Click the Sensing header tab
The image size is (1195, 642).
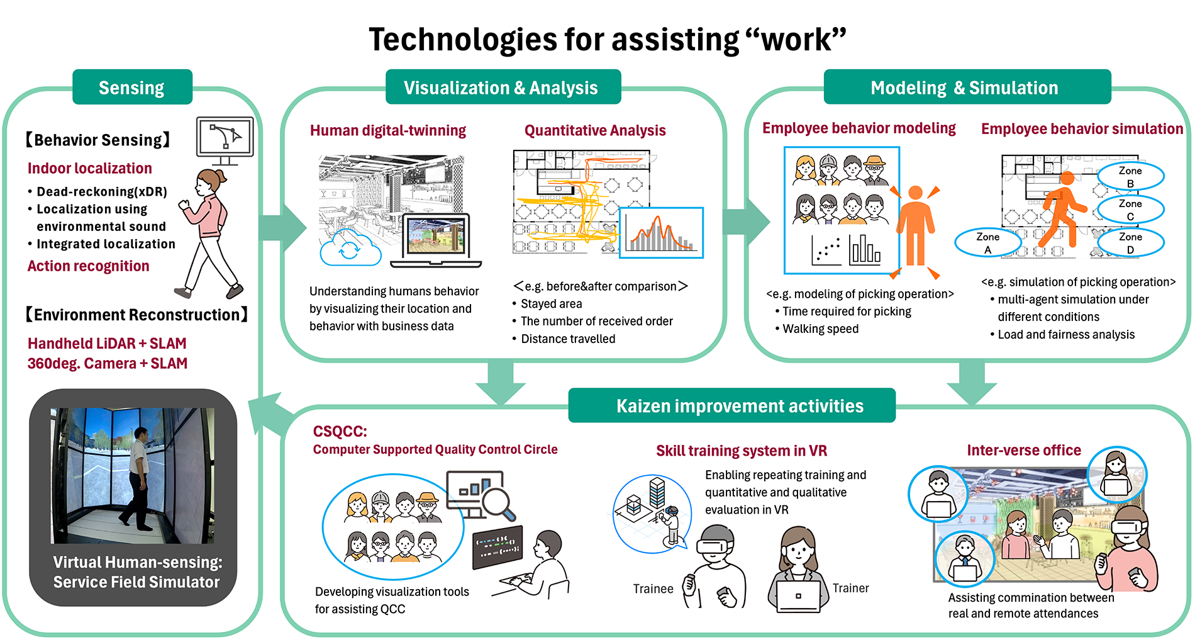pos(132,87)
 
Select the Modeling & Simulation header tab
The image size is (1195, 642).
pos(967,87)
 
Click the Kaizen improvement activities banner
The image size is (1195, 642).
pos(731,405)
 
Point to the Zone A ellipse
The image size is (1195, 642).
pos(987,243)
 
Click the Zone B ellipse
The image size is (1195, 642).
pos(1130,177)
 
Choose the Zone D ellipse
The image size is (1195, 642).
pos(1130,243)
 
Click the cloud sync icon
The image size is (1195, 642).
pos(350,248)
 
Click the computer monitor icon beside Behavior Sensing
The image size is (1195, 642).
pos(225,140)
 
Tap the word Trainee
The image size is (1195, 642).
pos(653,588)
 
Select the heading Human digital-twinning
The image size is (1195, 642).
pos(388,130)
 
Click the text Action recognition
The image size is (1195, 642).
pos(89,266)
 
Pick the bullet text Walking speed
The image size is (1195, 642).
pos(821,329)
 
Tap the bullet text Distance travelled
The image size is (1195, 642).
pos(568,339)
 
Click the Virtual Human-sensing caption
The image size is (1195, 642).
pos(137,572)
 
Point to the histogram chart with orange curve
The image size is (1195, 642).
pos(661,233)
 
